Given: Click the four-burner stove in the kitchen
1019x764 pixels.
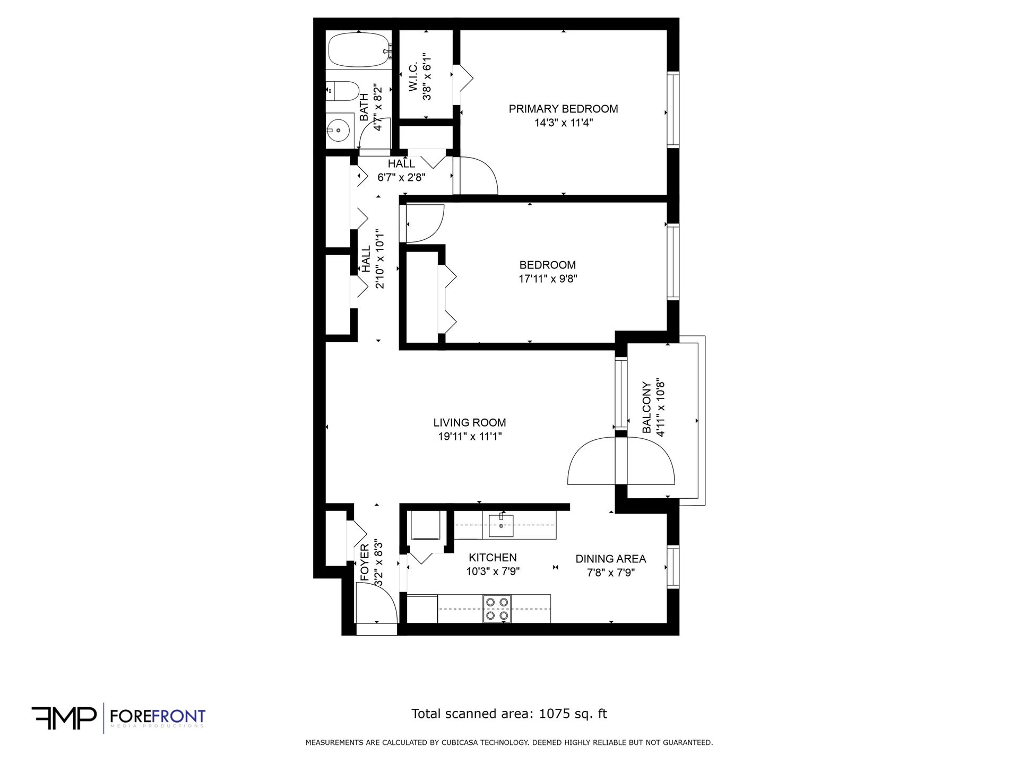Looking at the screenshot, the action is pyautogui.click(x=497, y=609).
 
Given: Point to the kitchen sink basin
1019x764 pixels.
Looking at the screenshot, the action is pyautogui.click(x=501, y=525).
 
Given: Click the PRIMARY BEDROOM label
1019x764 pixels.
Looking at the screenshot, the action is pyautogui.click(x=563, y=109).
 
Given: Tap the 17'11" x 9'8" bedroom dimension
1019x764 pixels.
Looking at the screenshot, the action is pyautogui.click(x=548, y=279).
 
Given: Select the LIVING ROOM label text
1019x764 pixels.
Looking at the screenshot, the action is pyautogui.click(x=470, y=423).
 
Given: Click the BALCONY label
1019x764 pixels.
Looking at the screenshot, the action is pyautogui.click(x=646, y=407).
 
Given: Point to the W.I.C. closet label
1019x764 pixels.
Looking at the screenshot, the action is pyautogui.click(x=413, y=76).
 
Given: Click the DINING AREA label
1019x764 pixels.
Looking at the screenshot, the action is pyautogui.click(x=611, y=559).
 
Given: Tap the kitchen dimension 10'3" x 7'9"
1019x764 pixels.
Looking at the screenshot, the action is pyautogui.click(x=493, y=571).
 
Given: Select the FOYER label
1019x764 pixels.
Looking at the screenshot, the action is pyautogui.click(x=365, y=562).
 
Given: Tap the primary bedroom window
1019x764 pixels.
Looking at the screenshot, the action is pyautogui.click(x=673, y=109).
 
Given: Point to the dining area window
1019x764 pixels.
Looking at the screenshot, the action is pyautogui.click(x=673, y=567).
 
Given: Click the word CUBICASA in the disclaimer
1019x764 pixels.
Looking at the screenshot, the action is pyautogui.click(x=461, y=743).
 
